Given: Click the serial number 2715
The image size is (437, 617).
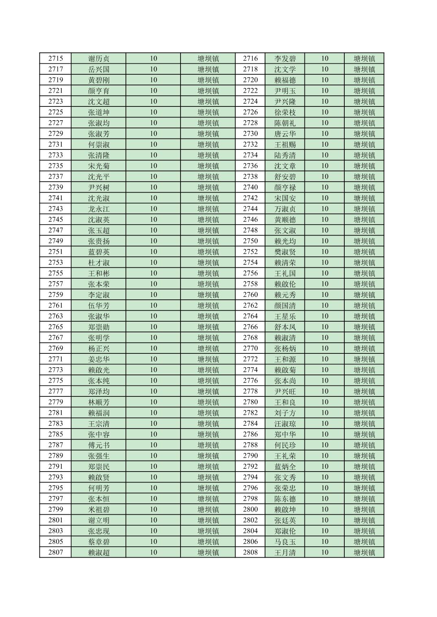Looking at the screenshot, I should point(56,58).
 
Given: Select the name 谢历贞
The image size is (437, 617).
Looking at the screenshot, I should point(99,58).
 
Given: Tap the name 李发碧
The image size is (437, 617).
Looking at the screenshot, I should point(285,58).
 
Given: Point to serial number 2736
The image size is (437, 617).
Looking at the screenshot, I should point(250,166).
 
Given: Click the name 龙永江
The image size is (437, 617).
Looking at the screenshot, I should point(99,209).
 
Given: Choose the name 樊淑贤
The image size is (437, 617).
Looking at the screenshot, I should point(285,252).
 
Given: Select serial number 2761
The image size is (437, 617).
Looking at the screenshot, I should point(56,305).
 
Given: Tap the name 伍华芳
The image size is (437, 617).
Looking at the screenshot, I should point(99,305).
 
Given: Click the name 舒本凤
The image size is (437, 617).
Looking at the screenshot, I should point(285,327).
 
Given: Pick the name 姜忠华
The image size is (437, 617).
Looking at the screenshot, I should point(99,359).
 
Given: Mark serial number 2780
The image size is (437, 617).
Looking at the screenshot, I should point(250,402).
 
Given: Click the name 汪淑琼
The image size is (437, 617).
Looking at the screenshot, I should point(285,424).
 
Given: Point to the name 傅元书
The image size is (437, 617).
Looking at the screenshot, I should point(99,445).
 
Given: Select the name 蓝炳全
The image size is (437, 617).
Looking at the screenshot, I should point(285,467).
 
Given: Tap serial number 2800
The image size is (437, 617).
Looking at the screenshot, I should point(250,509).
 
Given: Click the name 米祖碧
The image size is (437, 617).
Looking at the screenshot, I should point(99,509).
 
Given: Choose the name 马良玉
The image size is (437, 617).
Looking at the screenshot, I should point(285,542).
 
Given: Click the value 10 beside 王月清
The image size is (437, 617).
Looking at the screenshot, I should point(324,552).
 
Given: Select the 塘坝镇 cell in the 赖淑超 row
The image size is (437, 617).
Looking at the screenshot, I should point(208,552).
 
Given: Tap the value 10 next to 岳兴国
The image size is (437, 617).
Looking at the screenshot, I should point(153,69).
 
